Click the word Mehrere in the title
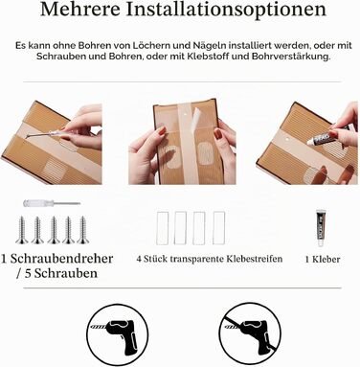80,10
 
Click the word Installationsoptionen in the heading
227,11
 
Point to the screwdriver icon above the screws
52,203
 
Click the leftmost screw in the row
22,230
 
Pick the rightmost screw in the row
83,230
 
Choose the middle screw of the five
54,230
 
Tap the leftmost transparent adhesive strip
163,228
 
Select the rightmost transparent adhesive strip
219,228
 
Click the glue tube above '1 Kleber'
321,228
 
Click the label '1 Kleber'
323,259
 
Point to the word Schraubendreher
61,259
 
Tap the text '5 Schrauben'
61,273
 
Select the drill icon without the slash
118,333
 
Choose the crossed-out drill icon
250,333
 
